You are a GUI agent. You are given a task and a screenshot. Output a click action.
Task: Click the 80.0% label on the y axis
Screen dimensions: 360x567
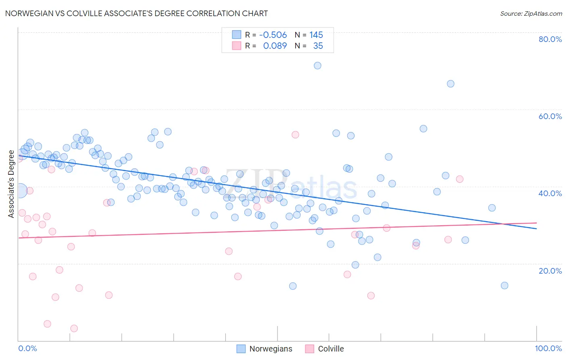pyautogui.click(x=550, y=39)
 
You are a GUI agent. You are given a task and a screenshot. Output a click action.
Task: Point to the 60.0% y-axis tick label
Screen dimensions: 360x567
pyautogui.click(x=550, y=116)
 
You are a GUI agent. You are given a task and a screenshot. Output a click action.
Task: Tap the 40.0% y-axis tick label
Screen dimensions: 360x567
pyautogui.click(x=550, y=193)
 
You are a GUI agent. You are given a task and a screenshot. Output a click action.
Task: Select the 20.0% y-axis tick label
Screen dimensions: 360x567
pyautogui.click(x=550, y=271)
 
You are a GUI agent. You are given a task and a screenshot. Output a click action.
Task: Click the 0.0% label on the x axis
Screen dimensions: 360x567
pyautogui.click(x=27, y=348)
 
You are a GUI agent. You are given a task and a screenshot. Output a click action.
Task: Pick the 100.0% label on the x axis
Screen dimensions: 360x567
pyautogui.click(x=548, y=348)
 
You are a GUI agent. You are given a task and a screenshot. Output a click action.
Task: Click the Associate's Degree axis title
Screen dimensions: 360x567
pyautogui.click(x=11, y=184)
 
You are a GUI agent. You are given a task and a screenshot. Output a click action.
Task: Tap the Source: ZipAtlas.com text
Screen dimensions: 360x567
pyautogui.click(x=531, y=13)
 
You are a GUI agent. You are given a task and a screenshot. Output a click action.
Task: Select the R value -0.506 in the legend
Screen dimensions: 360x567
pyautogui.click(x=273, y=35)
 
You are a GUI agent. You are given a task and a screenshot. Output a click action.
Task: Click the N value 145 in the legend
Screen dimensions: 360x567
pyautogui.click(x=316, y=35)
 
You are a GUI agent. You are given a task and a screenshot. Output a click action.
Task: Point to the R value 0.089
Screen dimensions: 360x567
pyautogui.click(x=275, y=46)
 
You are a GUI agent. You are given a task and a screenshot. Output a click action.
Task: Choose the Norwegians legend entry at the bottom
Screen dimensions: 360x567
pyautogui.click(x=265, y=349)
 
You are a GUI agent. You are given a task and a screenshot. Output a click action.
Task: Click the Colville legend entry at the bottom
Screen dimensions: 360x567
pyautogui.click(x=325, y=349)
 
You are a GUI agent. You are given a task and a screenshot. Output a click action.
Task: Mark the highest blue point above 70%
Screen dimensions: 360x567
pyautogui.click(x=317, y=65)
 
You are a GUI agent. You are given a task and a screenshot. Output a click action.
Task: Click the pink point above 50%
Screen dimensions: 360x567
pyautogui.click(x=295, y=135)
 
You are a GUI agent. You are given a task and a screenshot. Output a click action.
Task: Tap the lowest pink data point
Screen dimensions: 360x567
pyautogui.click(x=74, y=329)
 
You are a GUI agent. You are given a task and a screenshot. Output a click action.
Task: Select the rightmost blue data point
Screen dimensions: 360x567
pyautogui.click(x=504, y=285)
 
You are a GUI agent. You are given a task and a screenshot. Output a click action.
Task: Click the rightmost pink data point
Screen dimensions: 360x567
pyautogui.click(x=460, y=179)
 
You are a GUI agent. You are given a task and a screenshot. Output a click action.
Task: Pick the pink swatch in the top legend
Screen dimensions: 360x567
pyautogui.click(x=236, y=46)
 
